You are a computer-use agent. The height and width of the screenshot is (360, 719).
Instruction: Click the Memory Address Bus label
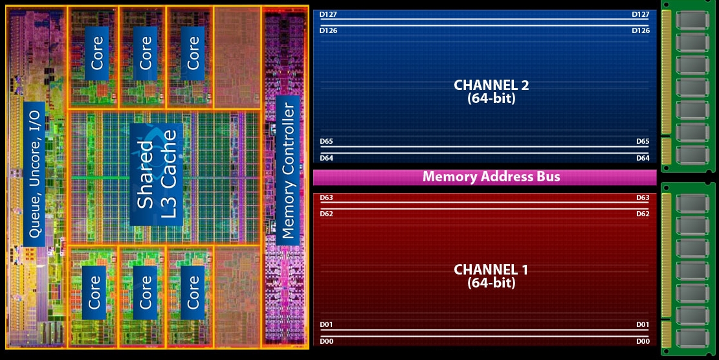[x=491, y=177]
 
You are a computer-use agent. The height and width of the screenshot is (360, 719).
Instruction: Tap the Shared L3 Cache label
[x=157, y=170]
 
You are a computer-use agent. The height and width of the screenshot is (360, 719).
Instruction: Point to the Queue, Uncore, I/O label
[x=35, y=174]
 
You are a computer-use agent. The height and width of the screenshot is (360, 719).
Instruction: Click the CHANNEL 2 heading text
[x=487, y=85]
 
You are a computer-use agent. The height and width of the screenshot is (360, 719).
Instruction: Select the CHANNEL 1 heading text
[x=491, y=269]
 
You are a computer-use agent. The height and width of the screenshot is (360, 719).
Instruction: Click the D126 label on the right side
[x=641, y=30]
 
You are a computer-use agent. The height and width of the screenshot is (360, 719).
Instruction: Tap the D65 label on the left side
[x=326, y=141]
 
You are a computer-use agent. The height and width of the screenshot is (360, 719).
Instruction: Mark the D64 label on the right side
[x=643, y=158]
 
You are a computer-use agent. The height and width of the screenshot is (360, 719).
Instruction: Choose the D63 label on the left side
[x=326, y=197]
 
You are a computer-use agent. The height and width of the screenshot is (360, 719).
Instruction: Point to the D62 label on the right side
[x=643, y=214]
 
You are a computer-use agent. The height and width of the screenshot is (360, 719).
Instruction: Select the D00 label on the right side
[x=643, y=341]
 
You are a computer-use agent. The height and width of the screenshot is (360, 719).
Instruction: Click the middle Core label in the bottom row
[x=145, y=292]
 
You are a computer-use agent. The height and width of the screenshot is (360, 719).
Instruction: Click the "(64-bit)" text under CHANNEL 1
[x=491, y=283]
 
